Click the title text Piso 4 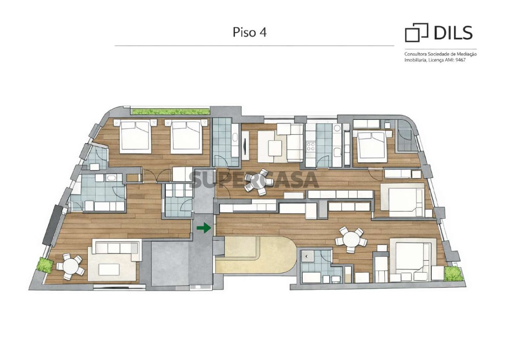[250, 32]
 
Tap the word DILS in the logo [453, 33]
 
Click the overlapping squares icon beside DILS [416, 33]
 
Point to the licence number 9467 [461, 60]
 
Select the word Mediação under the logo [467, 54]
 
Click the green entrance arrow [204, 228]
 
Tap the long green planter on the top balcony [170, 111]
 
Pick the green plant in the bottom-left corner [46, 265]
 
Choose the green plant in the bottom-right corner [453, 274]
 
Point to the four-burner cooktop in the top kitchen [311, 147]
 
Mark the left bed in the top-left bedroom [135, 137]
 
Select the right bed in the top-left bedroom [186, 137]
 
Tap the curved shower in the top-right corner [405, 136]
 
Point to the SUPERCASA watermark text [253, 180]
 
